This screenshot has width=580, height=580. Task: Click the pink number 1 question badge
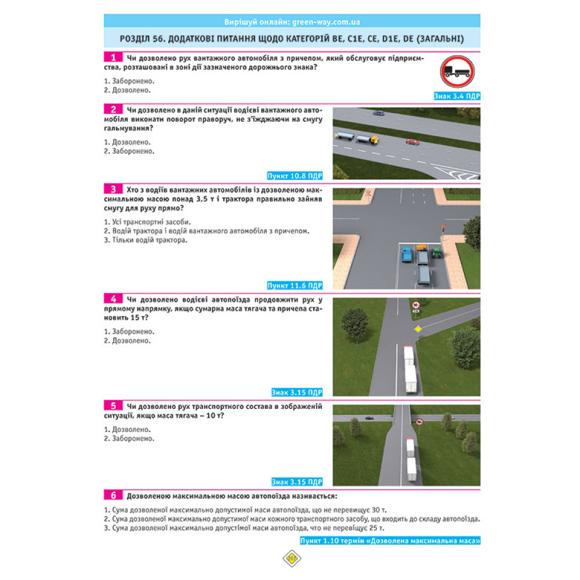tap(114, 57)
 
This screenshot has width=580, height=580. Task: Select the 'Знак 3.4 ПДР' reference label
tap(457, 96)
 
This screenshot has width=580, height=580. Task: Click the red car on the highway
tap(412, 141)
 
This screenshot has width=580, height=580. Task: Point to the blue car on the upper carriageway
tap(378, 113)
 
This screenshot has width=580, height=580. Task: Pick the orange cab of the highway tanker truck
tap(374, 139)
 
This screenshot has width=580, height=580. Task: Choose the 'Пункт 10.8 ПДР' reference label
tap(295, 175)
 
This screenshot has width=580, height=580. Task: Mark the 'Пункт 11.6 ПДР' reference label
tap(295, 285)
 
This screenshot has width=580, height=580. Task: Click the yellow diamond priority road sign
tap(416, 329)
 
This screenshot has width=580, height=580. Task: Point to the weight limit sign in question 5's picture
tap(419, 422)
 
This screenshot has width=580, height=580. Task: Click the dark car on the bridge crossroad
tap(369, 417)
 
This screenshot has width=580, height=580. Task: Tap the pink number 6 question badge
tap(114, 495)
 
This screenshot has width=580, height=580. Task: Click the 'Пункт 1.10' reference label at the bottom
tap(390, 541)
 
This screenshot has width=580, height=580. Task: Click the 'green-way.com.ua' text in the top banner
tap(328, 22)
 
